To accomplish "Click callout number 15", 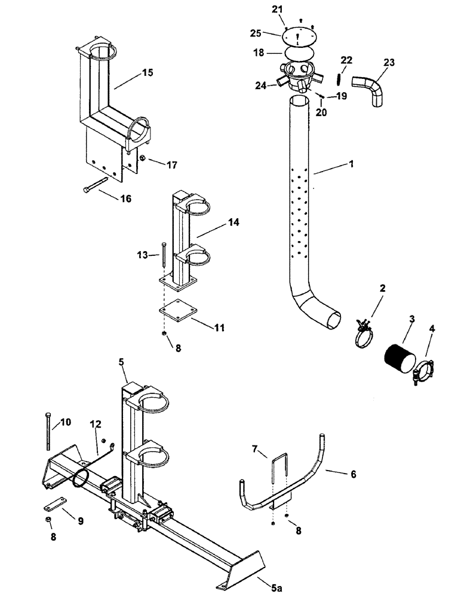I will point(147,73).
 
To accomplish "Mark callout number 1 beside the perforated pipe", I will point(351,164).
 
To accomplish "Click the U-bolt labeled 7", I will point(279,480).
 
